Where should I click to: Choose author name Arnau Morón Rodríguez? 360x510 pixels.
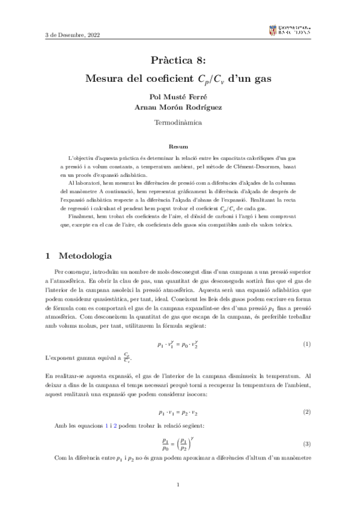coord(180,106)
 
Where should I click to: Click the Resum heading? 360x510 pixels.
coord(179,146)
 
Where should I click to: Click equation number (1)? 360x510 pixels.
coord(307,344)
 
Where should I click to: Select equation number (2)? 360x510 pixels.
coord(307,412)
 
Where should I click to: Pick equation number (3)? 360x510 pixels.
coord(307,444)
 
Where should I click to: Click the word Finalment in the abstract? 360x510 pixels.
coord(82,216)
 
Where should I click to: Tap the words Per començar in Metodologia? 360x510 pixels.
coord(73,272)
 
